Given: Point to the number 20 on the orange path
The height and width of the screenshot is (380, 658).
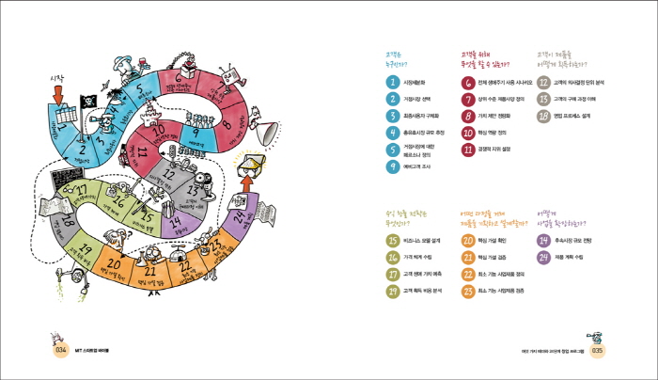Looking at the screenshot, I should (x=113, y=265).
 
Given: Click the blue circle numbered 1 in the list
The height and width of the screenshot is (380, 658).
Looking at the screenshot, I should (x=393, y=82).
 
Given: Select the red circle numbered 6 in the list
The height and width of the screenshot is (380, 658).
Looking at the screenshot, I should (x=467, y=82).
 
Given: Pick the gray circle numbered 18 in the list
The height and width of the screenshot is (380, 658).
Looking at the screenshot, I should (x=543, y=116).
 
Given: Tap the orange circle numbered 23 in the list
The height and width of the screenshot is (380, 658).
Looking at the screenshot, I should (x=467, y=291).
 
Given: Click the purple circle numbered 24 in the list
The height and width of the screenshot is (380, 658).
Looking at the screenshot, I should (x=543, y=257).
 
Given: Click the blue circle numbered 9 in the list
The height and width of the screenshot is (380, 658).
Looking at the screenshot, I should (x=393, y=166).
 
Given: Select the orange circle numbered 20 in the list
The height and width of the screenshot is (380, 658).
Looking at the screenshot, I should (x=467, y=240).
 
